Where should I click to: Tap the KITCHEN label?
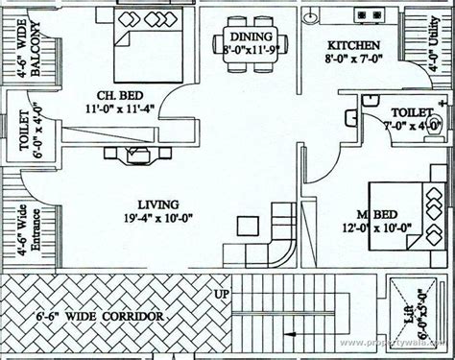353,45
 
